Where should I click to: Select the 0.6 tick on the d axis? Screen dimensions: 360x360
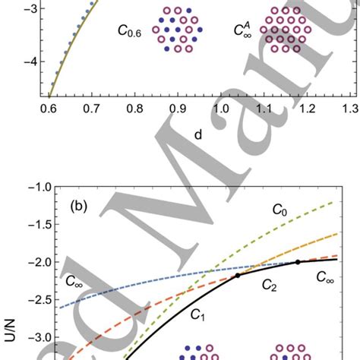[46, 108]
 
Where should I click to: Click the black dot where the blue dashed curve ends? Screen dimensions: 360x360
[298, 261]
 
